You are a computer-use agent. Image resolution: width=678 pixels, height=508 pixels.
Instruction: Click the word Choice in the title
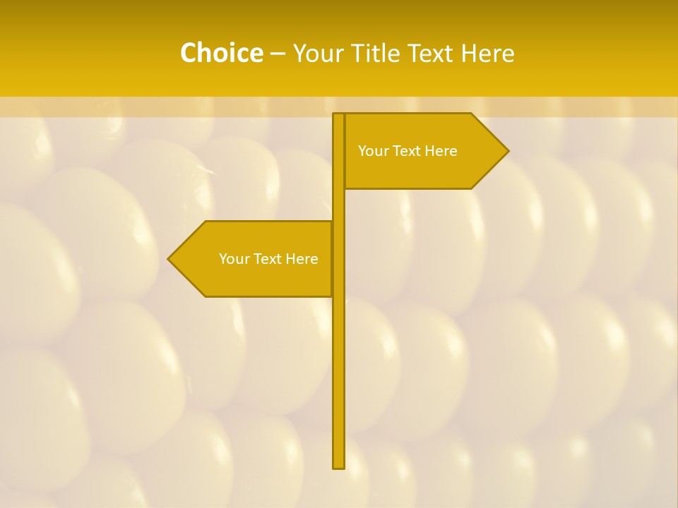221,53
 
